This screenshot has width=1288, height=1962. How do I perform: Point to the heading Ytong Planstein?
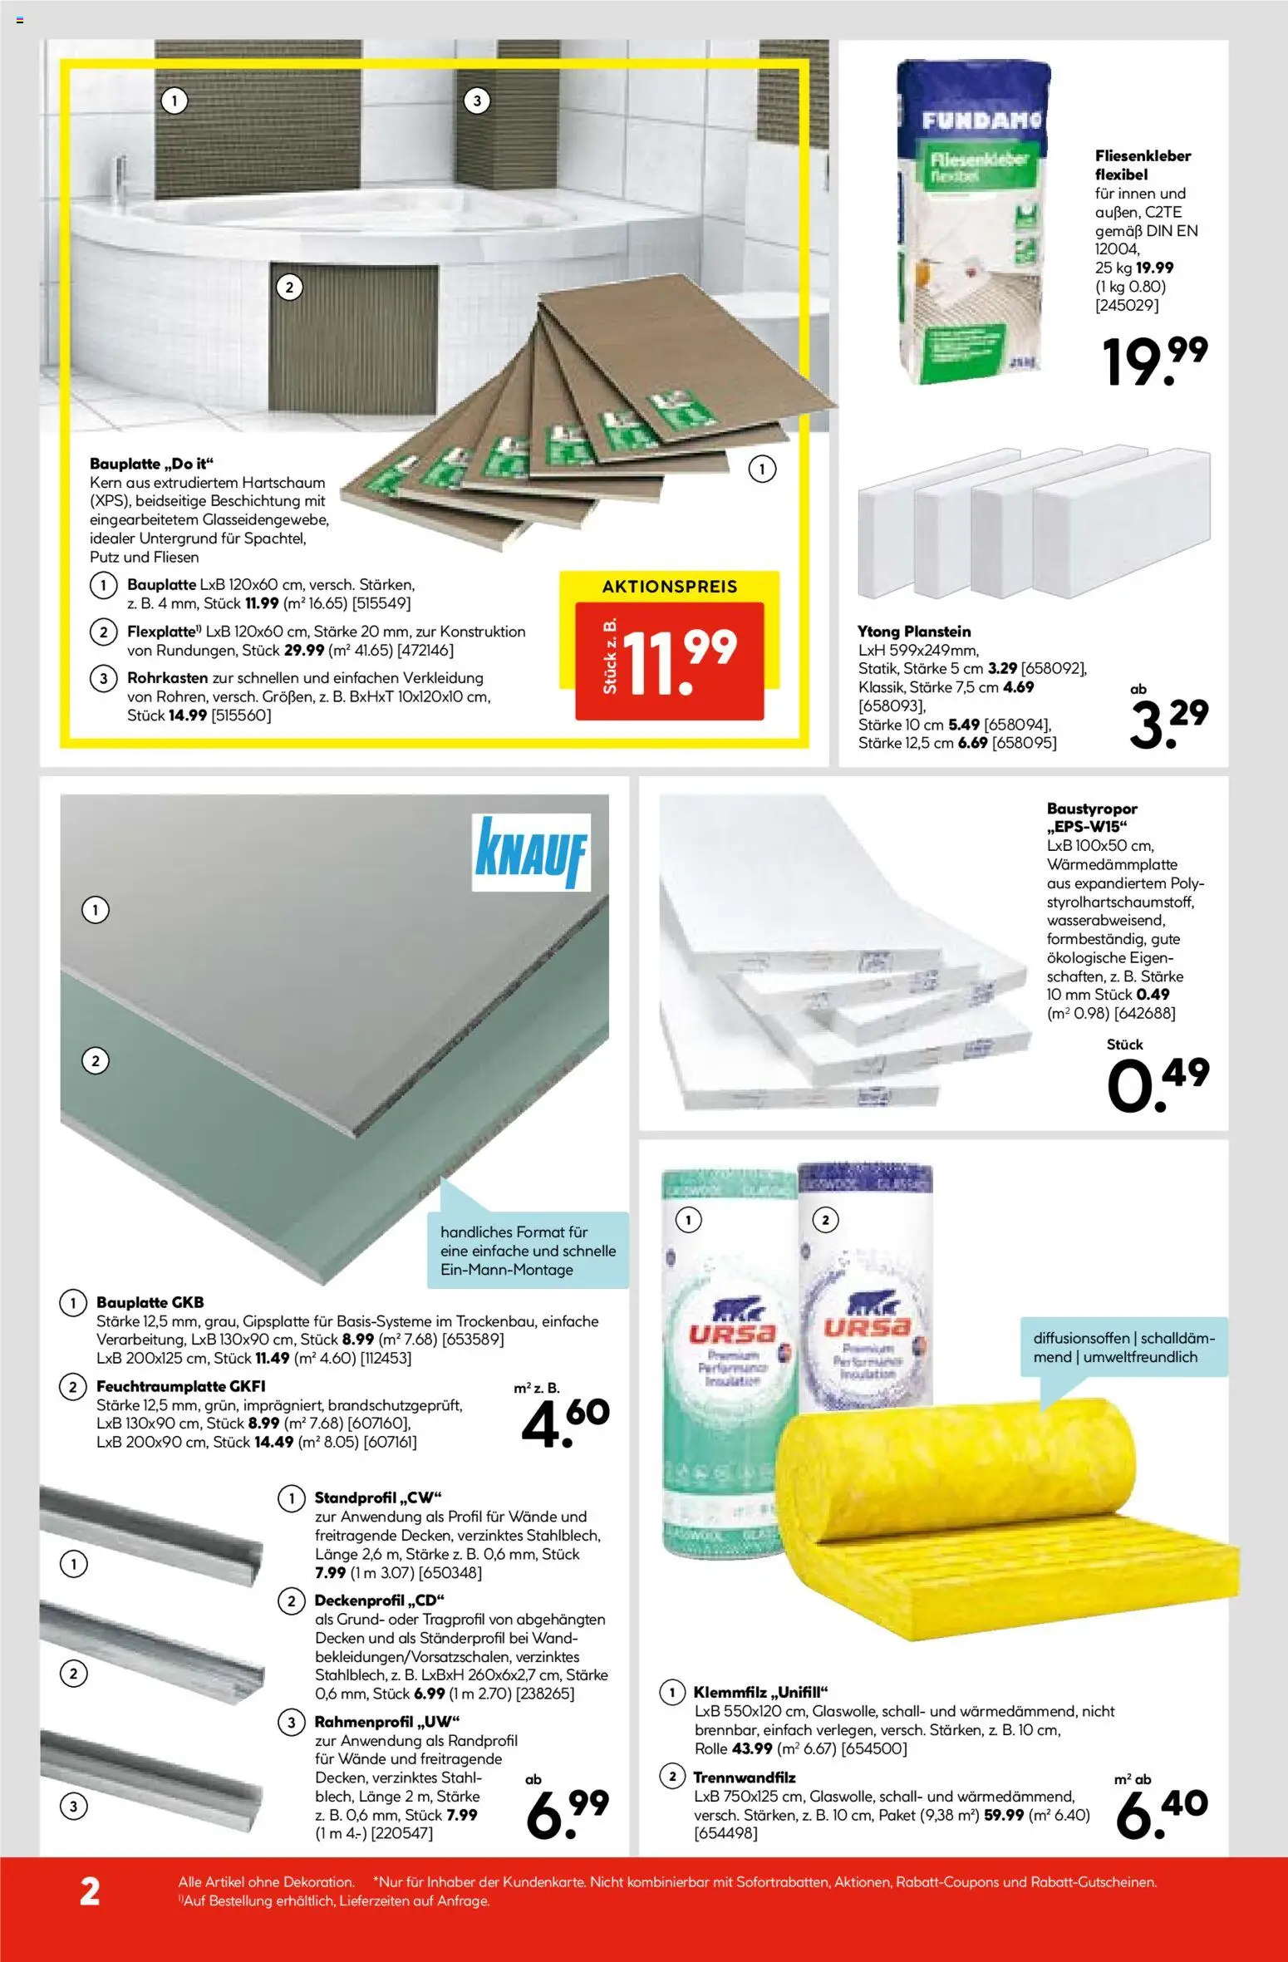pyautogui.click(x=914, y=632)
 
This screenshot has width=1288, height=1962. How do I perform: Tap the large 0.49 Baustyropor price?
pyautogui.click(x=1158, y=1084)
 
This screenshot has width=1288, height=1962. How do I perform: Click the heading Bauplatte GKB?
pyautogui.click(x=150, y=1302)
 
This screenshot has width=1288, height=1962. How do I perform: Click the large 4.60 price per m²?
pyautogui.click(x=565, y=1420)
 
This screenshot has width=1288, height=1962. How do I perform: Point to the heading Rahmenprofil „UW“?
pyautogui.click(x=386, y=1722)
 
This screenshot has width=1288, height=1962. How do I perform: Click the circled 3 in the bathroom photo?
pyautogui.click(x=476, y=101)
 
